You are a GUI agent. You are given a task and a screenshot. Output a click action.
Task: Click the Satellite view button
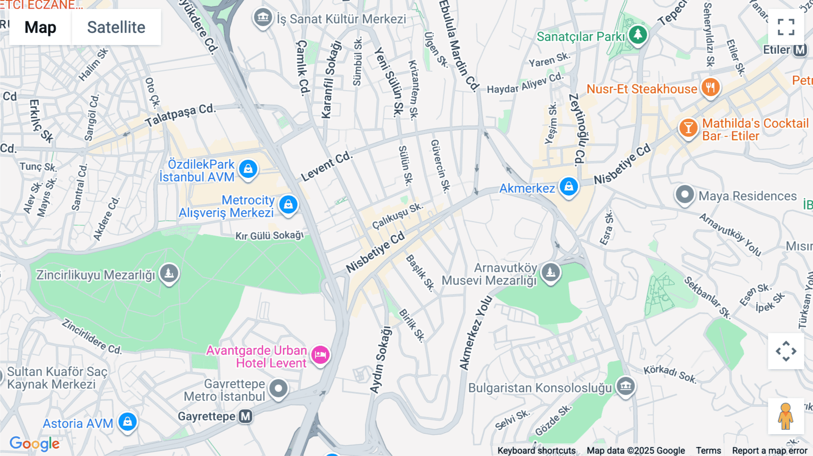(x=116, y=27)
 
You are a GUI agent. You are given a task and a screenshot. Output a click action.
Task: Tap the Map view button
(x=40, y=27)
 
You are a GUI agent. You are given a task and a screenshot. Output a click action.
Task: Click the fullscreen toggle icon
(x=786, y=27)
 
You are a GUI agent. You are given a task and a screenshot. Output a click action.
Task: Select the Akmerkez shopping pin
(x=569, y=186)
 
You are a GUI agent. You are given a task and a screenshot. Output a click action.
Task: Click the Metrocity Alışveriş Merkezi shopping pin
(x=288, y=205)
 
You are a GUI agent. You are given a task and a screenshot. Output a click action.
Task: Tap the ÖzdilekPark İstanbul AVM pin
(x=248, y=169)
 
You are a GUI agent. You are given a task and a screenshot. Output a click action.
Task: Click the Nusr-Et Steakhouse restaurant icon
(x=710, y=88)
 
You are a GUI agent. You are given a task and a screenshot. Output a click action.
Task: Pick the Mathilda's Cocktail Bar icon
(x=688, y=128)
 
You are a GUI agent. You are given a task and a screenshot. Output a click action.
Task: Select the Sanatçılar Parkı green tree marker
(x=638, y=34)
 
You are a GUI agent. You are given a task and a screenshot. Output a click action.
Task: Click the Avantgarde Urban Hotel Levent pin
(x=320, y=355)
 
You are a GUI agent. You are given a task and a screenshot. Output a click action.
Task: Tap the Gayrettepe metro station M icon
(x=246, y=416)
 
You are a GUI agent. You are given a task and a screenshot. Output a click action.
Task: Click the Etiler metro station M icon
(x=800, y=50)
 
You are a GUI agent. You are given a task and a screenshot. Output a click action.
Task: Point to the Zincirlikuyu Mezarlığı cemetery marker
(x=169, y=273)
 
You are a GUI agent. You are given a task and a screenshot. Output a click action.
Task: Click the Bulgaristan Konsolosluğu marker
(x=626, y=386)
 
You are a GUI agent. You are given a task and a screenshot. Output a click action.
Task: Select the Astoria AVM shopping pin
(x=127, y=422)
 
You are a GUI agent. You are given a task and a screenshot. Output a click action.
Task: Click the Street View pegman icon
(x=785, y=416)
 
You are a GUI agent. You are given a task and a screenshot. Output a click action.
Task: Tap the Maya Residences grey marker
(x=684, y=195)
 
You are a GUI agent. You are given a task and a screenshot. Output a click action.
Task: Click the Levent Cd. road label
(x=327, y=166)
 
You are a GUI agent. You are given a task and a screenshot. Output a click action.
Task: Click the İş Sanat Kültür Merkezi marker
(x=263, y=18)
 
